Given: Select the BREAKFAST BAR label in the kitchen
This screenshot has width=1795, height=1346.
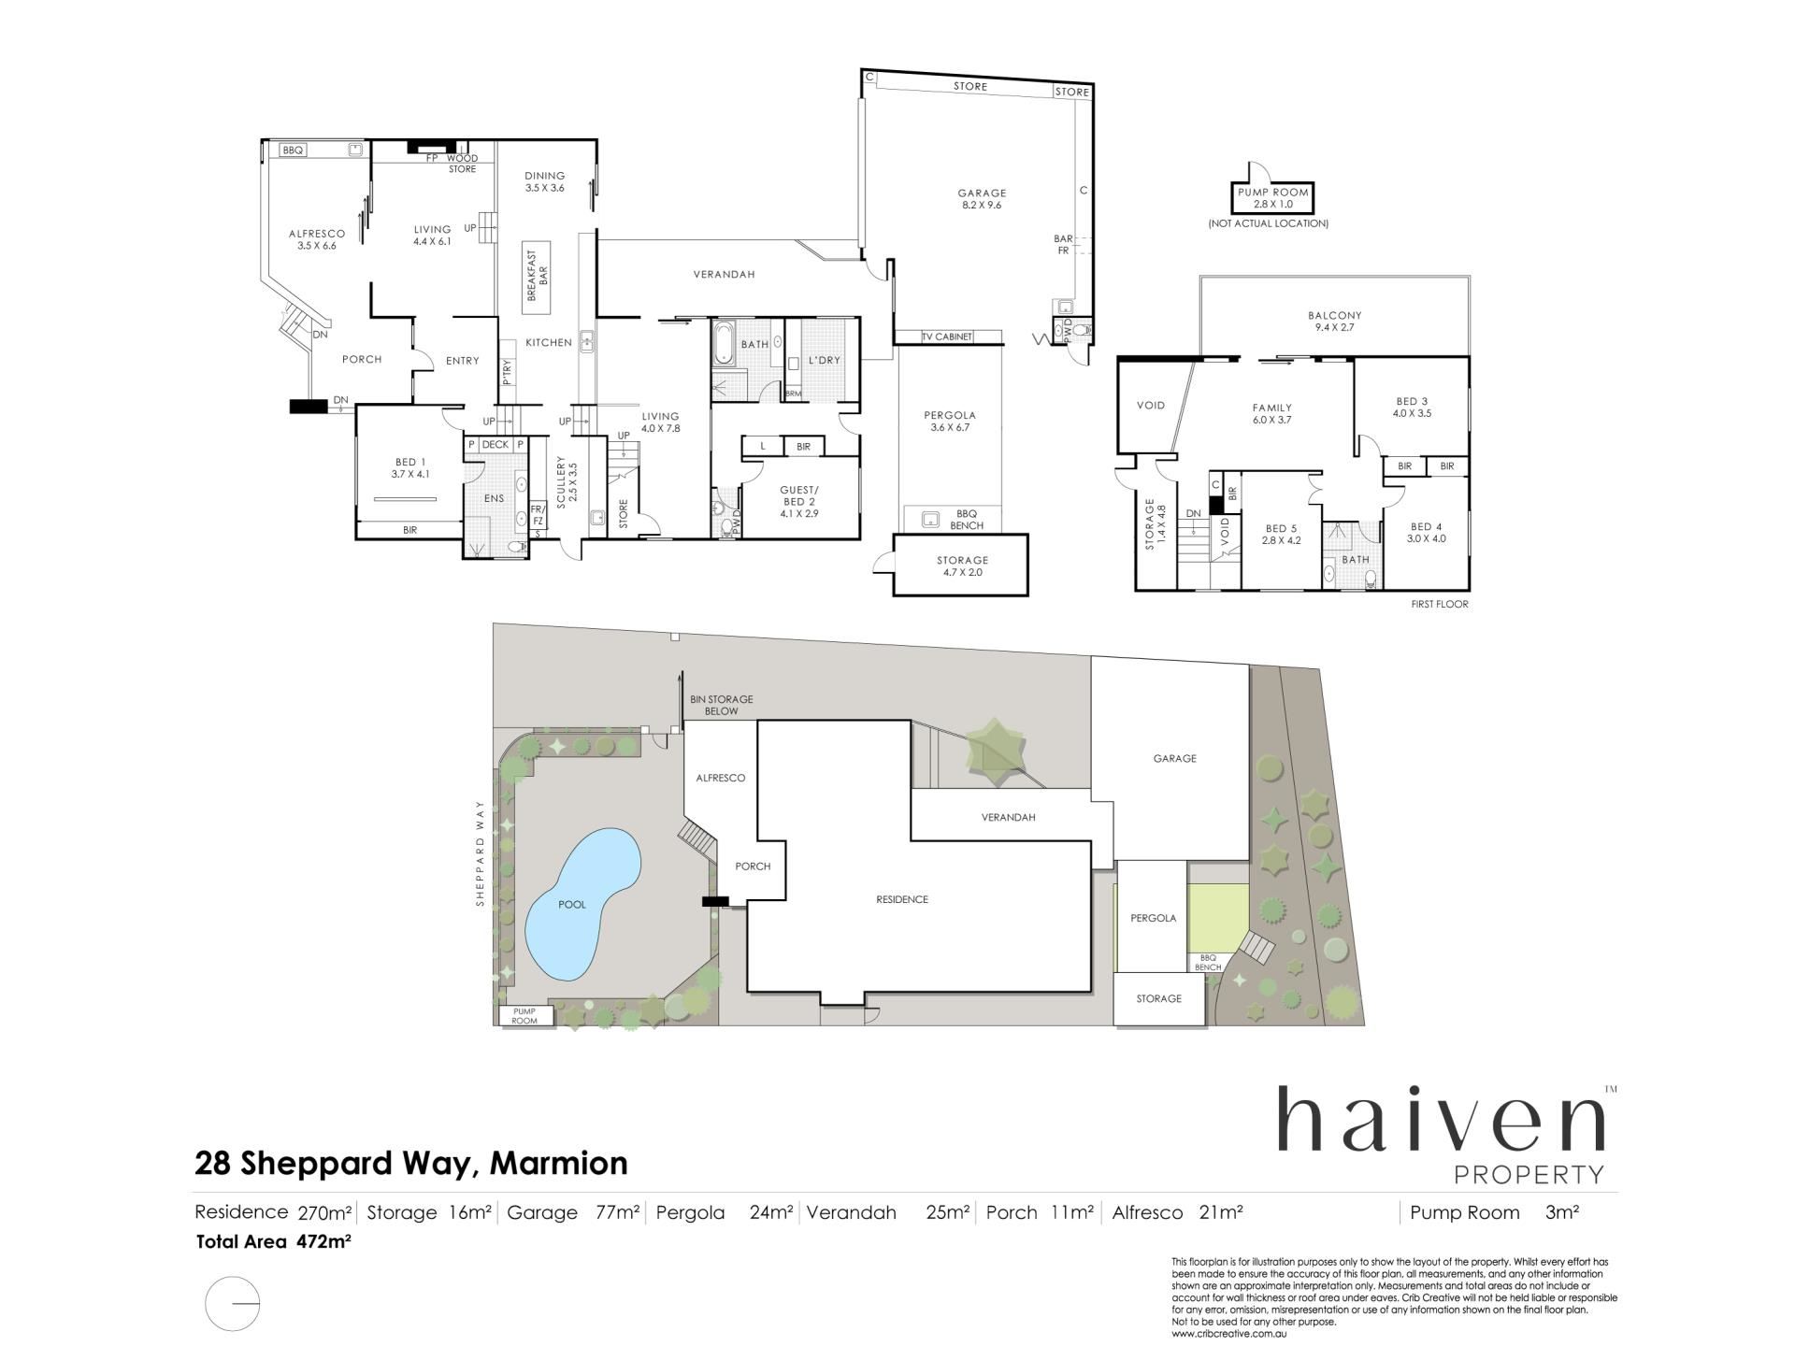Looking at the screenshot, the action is point(538,275).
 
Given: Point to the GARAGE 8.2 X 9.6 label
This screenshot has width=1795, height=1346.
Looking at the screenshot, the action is point(982,199).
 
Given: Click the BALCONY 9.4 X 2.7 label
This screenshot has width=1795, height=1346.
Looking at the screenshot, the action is point(1334,322).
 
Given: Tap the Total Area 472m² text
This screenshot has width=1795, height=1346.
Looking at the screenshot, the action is point(273,1242).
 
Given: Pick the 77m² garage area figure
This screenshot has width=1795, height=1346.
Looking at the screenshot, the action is point(617,1212).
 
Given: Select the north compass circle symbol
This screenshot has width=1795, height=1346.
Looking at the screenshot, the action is point(232,1303).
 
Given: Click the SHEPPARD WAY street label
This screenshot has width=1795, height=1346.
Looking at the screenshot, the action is point(481,853).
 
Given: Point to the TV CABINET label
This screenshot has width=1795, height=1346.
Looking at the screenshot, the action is point(947,336).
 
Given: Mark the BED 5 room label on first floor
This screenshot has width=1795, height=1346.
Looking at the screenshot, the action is point(1281,534).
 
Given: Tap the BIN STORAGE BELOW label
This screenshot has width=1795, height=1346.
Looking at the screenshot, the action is point(721,705).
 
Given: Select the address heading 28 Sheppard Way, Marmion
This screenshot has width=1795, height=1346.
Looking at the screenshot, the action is point(411,1164).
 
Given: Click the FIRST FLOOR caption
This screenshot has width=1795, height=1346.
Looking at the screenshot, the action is point(1440,604).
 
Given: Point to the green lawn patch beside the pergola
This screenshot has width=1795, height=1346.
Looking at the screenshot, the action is point(1218,918).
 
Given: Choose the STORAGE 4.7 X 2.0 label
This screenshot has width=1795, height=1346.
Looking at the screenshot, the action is point(962,566).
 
